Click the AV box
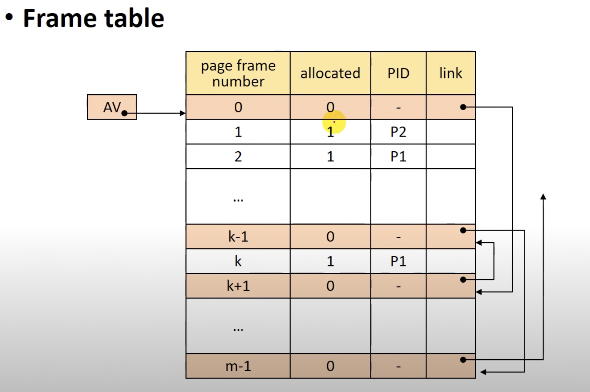click(112, 107)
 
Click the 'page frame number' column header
click(238, 73)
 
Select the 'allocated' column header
click(330, 73)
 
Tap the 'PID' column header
click(398, 73)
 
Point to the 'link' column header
click(451, 73)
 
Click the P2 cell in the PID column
click(398, 132)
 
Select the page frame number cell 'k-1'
click(238, 237)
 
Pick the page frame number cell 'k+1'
click(238, 286)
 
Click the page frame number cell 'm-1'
click(238, 366)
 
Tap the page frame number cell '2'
click(238, 157)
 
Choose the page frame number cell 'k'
click(238, 261)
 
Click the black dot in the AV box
click(124, 113)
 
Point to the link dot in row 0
click(463, 107)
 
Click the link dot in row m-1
click(463, 360)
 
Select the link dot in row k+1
click(463, 280)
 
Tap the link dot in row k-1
click(463, 230)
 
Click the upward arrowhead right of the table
click(543, 197)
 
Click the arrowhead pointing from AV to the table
click(183, 113)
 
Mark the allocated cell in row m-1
click(330, 366)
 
